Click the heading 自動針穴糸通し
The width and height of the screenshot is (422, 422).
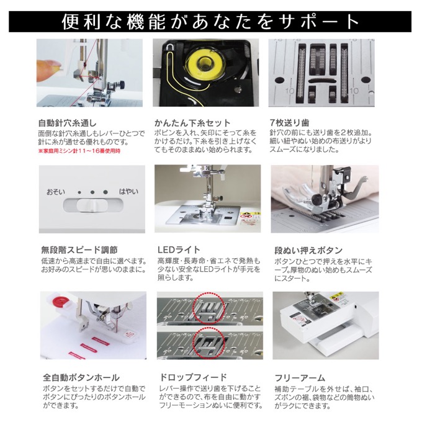pos(67,123)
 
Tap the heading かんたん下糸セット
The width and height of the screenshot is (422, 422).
pos(192,123)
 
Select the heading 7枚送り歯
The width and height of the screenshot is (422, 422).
pos(289,123)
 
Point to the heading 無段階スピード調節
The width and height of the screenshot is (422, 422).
pos(79,249)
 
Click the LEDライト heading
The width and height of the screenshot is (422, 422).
pos(179,249)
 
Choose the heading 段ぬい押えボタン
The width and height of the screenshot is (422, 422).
pos(308,250)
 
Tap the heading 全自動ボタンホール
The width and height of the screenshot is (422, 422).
pos(81,377)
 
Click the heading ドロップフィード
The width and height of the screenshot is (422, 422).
pos(193,377)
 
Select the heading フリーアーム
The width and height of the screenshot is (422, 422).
pos(300,378)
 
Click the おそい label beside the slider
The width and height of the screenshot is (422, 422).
pos(56,192)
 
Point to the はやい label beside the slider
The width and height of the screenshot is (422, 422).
pos(128,191)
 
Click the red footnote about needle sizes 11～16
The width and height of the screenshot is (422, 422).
pos(79,151)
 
